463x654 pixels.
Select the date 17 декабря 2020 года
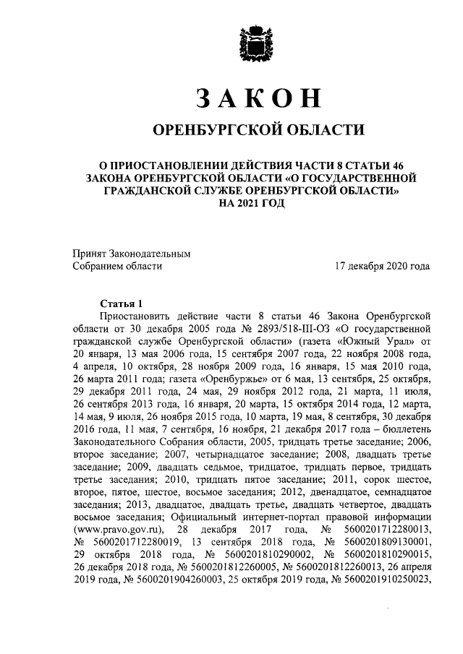point(383,266)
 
